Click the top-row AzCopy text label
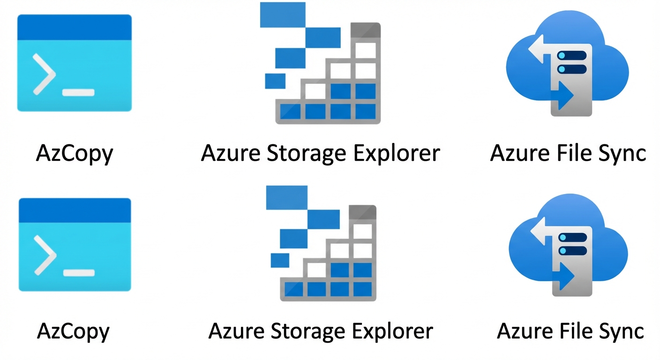point(75,153)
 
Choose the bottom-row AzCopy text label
point(73,331)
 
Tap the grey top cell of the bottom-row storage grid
point(363,212)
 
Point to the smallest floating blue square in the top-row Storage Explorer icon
point(275,81)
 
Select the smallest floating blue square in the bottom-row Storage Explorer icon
point(280,260)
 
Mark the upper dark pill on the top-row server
point(572,56)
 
